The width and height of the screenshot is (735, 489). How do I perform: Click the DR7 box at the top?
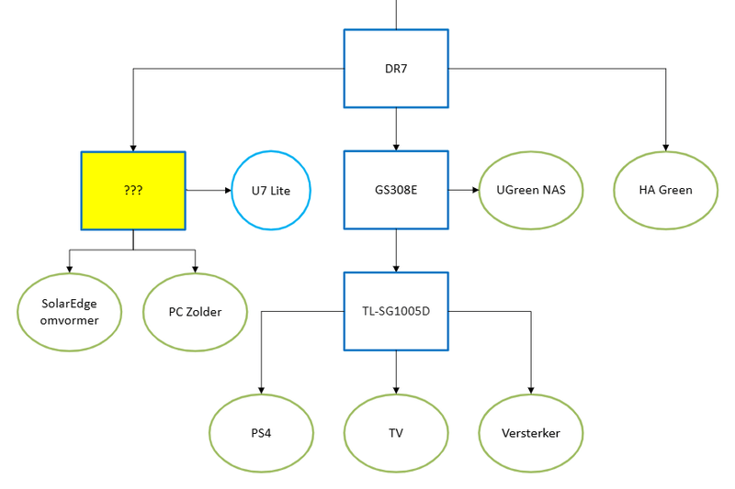396,68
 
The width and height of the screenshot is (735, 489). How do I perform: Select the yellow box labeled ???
133,190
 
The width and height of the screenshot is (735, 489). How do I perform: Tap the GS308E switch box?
396,190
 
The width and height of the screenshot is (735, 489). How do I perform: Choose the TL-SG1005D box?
396,311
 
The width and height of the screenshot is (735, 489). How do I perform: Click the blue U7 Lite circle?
272,190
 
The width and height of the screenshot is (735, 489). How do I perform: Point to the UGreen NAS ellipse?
531,190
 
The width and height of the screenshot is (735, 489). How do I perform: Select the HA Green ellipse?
665,190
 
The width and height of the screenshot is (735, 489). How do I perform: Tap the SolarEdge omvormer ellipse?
70,312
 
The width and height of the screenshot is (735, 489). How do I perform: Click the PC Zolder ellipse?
195,312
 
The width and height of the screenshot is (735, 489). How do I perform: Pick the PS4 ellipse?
261,433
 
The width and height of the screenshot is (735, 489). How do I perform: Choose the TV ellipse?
396,433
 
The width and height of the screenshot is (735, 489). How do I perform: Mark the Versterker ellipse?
531,433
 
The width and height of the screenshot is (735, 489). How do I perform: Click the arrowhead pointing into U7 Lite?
227,190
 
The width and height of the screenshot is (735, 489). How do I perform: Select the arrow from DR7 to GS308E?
396,128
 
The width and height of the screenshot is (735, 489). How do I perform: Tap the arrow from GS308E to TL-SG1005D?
396,250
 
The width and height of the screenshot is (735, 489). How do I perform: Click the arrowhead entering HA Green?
665,146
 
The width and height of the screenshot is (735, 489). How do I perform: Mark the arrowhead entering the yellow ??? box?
133,147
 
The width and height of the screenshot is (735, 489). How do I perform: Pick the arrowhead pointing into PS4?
261,389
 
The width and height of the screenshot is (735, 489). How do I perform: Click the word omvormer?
70,320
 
